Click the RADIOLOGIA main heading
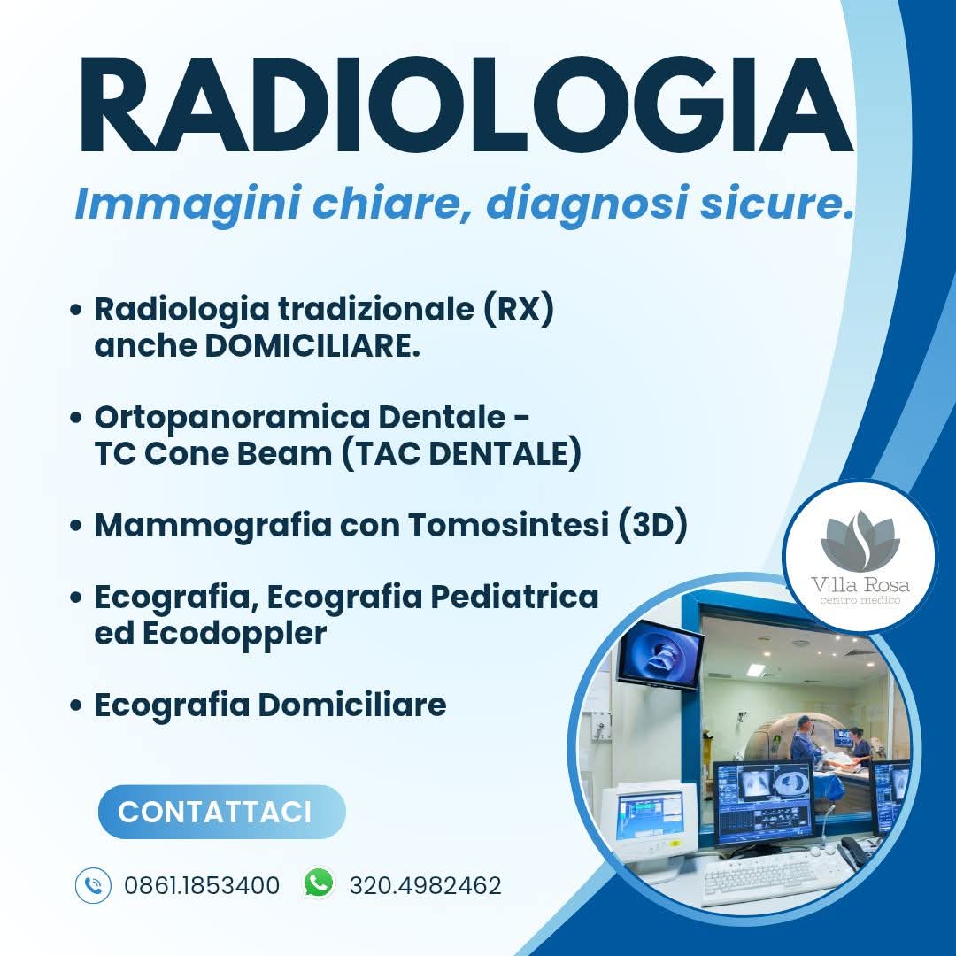[466, 104]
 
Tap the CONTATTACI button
[222, 812]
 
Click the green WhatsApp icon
[319, 883]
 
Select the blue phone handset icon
[93, 885]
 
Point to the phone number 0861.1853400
[202, 885]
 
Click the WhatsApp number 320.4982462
[425, 885]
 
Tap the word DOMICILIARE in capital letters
[312, 346]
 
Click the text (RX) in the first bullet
[519, 309]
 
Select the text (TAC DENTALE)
[461, 453]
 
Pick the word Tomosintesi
[509, 525]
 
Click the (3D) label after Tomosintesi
[653, 525]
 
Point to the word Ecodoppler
[235, 634]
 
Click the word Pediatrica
[515, 597]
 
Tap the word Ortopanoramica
[232, 418]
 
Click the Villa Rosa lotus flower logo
[860, 540]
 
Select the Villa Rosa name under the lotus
[860, 585]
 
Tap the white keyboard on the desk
[763, 876]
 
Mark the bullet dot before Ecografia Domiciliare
[75, 705]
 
